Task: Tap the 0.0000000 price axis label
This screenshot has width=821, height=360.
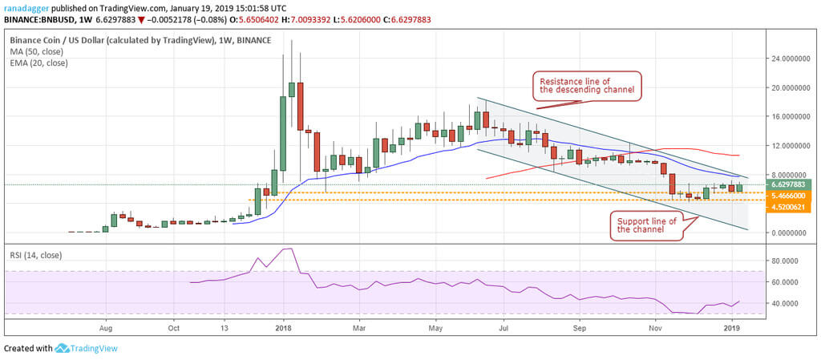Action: pyautogui.click(x=782, y=233)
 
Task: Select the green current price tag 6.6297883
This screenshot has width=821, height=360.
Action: pyautogui.click(x=782, y=184)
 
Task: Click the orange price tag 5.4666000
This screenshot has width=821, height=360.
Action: pyautogui.click(x=782, y=195)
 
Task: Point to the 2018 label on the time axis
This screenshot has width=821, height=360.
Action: pyautogui.click(x=282, y=328)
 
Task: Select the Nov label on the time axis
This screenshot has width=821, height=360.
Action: pyautogui.click(x=656, y=328)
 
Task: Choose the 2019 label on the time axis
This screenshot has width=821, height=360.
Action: pyautogui.click(x=732, y=328)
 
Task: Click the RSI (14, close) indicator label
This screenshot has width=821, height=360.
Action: pyautogui.click(x=37, y=256)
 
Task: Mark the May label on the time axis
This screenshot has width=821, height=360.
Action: pyautogui.click(x=435, y=328)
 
